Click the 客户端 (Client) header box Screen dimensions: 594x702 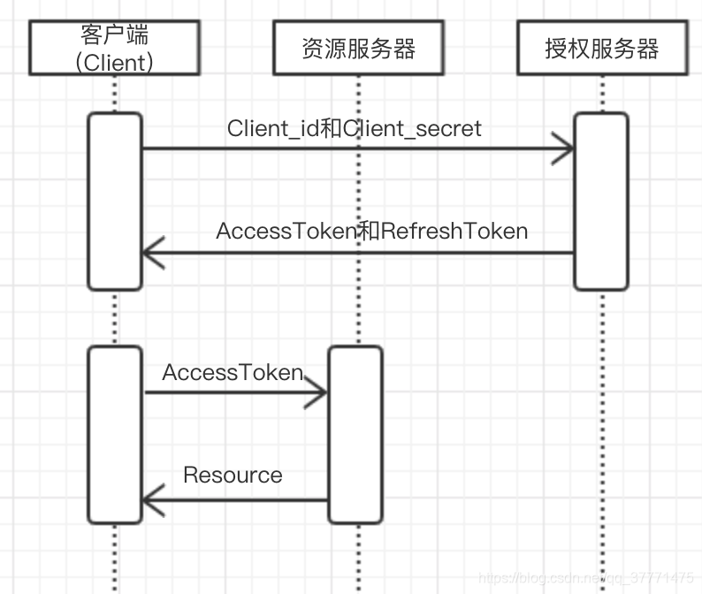coord(114,48)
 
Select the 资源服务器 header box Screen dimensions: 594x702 coord(358,48)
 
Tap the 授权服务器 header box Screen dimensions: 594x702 coord(601,48)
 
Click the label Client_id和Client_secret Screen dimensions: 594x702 coord(354,128)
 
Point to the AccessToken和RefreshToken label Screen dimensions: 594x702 coord(371,232)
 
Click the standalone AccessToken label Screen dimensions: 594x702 coord(233,373)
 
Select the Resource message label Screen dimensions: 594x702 coord(233,476)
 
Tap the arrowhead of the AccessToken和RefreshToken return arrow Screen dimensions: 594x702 coord(154,254)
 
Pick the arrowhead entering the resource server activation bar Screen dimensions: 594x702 coord(317,394)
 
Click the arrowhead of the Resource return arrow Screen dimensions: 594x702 coord(154,501)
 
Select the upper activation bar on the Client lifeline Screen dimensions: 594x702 coord(114,201)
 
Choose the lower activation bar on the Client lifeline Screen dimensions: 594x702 coord(114,434)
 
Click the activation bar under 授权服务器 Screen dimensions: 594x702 coord(601,201)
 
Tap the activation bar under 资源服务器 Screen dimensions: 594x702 coord(355,434)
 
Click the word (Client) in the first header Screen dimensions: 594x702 coord(114,62)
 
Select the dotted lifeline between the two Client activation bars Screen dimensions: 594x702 coord(114,318)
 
